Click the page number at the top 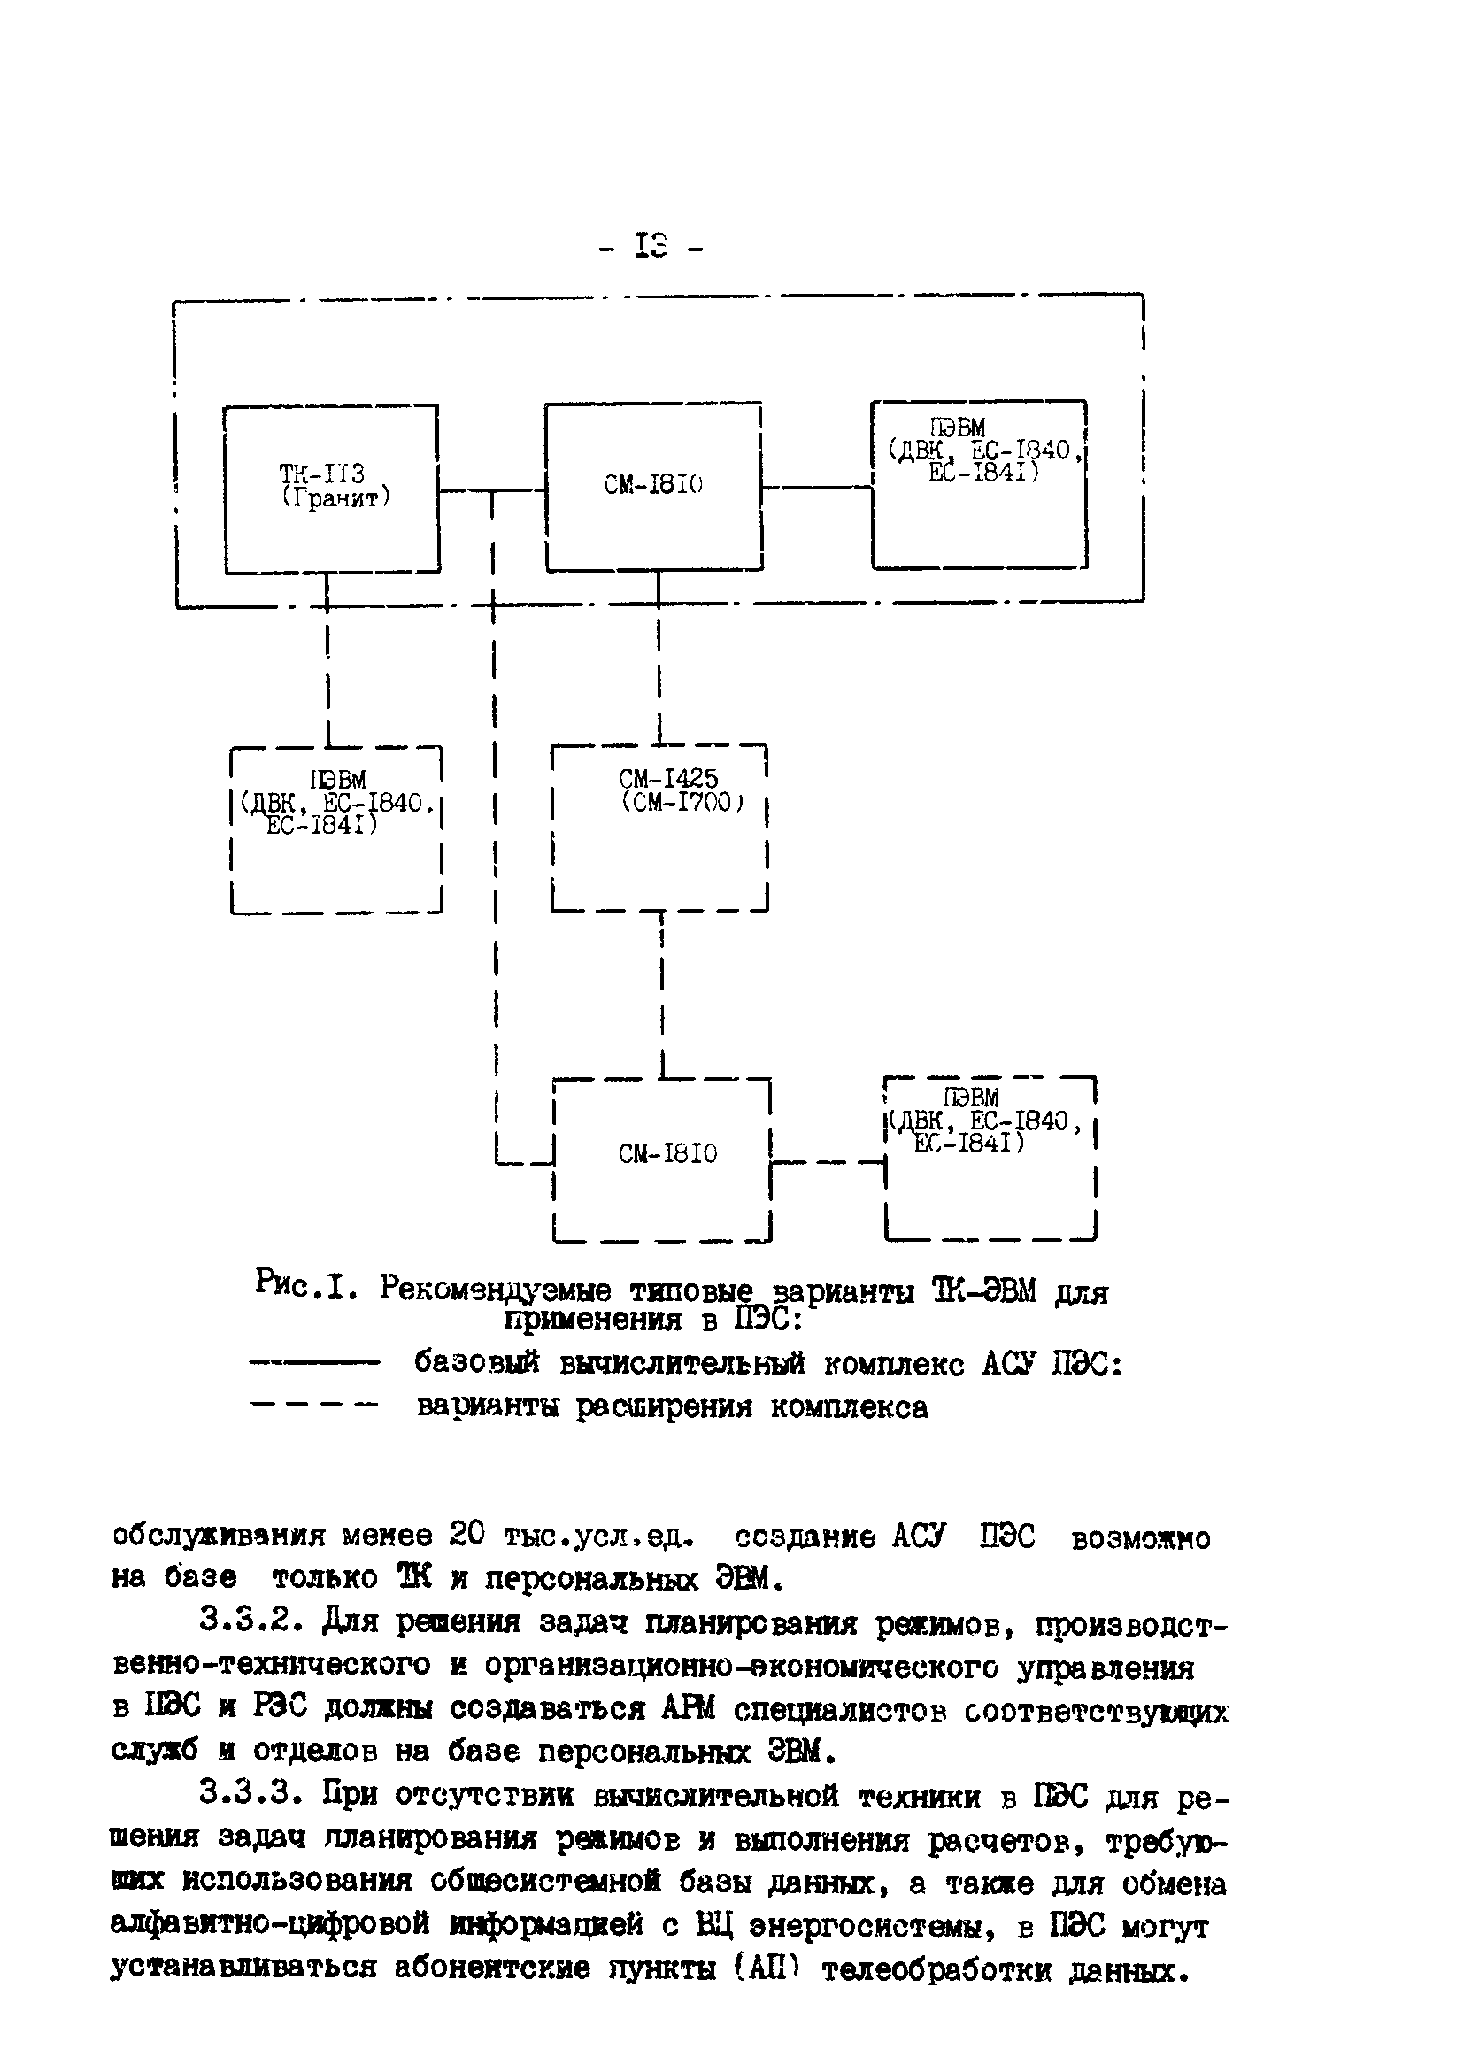[650, 246]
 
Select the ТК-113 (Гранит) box [332, 488]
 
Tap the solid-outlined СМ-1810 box [653, 486]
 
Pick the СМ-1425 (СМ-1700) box [658, 827]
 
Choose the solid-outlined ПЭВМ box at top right [979, 484]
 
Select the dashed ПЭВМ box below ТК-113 [336, 828]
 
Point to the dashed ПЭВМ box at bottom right [990, 1158]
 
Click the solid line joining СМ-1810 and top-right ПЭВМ [816, 488]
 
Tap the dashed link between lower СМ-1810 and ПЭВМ [828, 1162]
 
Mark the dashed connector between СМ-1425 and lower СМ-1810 [663, 991]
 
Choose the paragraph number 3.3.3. [255, 1795]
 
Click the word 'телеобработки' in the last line [937, 1969]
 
